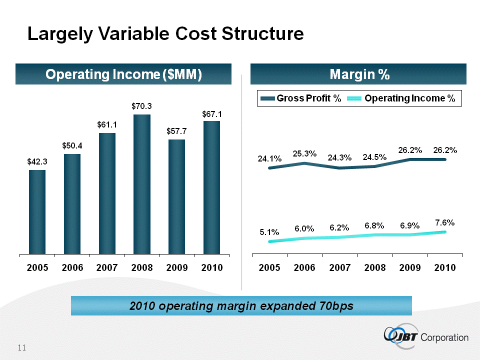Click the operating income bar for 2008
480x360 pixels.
coord(142,184)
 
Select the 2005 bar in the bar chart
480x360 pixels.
coord(37,212)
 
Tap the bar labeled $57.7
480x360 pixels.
coord(177,196)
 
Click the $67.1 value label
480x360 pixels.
coord(212,114)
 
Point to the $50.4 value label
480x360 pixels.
coord(72,146)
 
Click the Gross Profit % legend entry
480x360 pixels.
coord(299,98)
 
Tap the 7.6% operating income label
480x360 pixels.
coord(445,222)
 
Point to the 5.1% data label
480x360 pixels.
coord(269,232)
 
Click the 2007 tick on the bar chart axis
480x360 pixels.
coord(107,267)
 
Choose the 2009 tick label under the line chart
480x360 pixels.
coord(410,267)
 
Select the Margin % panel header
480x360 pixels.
coord(359,74)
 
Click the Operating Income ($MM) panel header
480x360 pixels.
coord(123,74)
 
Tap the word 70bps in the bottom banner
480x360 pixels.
coord(334,305)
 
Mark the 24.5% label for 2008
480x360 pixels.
coord(375,157)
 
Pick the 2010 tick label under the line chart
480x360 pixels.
coord(445,267)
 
